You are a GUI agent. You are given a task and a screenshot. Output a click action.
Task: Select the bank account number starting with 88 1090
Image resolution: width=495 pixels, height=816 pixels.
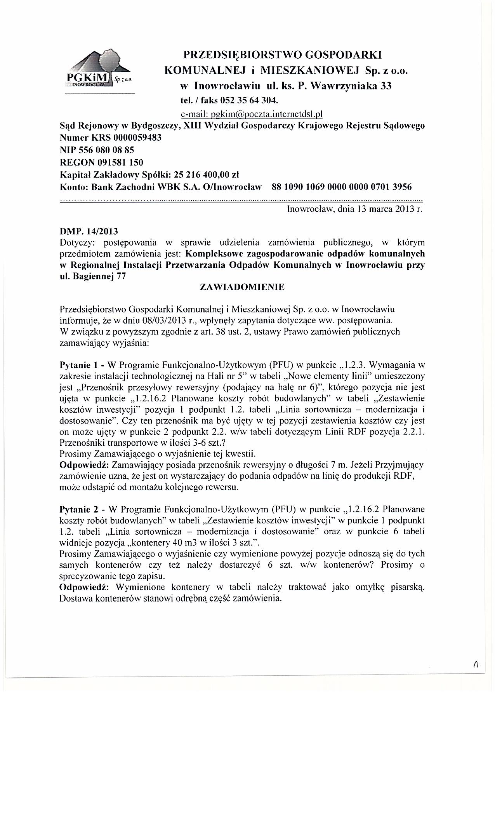coord(342,187)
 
